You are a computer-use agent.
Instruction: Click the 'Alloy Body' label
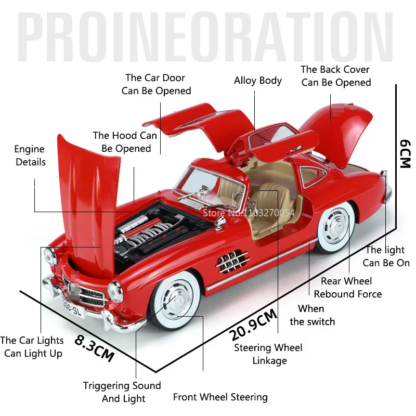[x=257, y=81]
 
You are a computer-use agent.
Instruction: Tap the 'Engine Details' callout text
[x=30, y=155]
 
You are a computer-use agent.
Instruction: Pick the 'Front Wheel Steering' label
[x=220, y=397]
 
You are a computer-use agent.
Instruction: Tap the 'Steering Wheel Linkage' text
[x=268, y=354]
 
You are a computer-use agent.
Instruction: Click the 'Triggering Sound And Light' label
[x=122, y=392]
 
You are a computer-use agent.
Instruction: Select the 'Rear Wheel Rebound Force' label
[x=347, y=287]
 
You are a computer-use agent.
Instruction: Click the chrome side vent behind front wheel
[x=232, y=262]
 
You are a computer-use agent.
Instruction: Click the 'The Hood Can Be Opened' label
[x=125, y=142]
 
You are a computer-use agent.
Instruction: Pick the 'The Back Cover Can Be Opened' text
[x=335, y=76]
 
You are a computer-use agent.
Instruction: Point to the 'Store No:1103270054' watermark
[x=249, y=213]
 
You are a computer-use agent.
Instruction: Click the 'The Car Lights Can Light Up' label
[x=32, y=347]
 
